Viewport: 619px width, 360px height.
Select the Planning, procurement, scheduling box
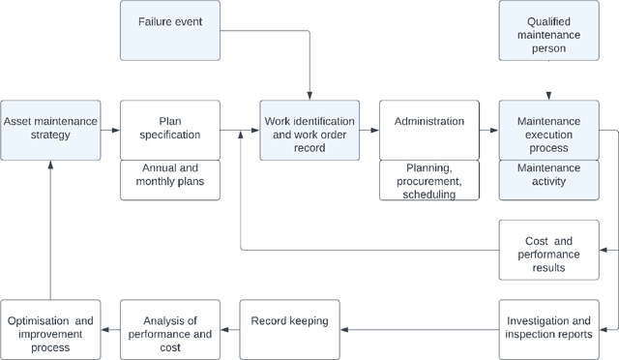tap(429, 180)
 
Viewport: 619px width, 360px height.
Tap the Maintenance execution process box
tap(548, 136)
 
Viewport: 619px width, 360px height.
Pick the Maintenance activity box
tap(548, 180)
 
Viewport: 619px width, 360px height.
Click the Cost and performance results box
tap(548, 248)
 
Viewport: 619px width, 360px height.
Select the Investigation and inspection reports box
tap(548, 328)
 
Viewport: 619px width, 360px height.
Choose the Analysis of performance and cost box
tap(169, 328)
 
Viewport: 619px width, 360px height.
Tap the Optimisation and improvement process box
tap(50, 328)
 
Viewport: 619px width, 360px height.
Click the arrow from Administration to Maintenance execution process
tap(489, 131)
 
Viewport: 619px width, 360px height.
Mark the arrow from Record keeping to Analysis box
tap(228, 329)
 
